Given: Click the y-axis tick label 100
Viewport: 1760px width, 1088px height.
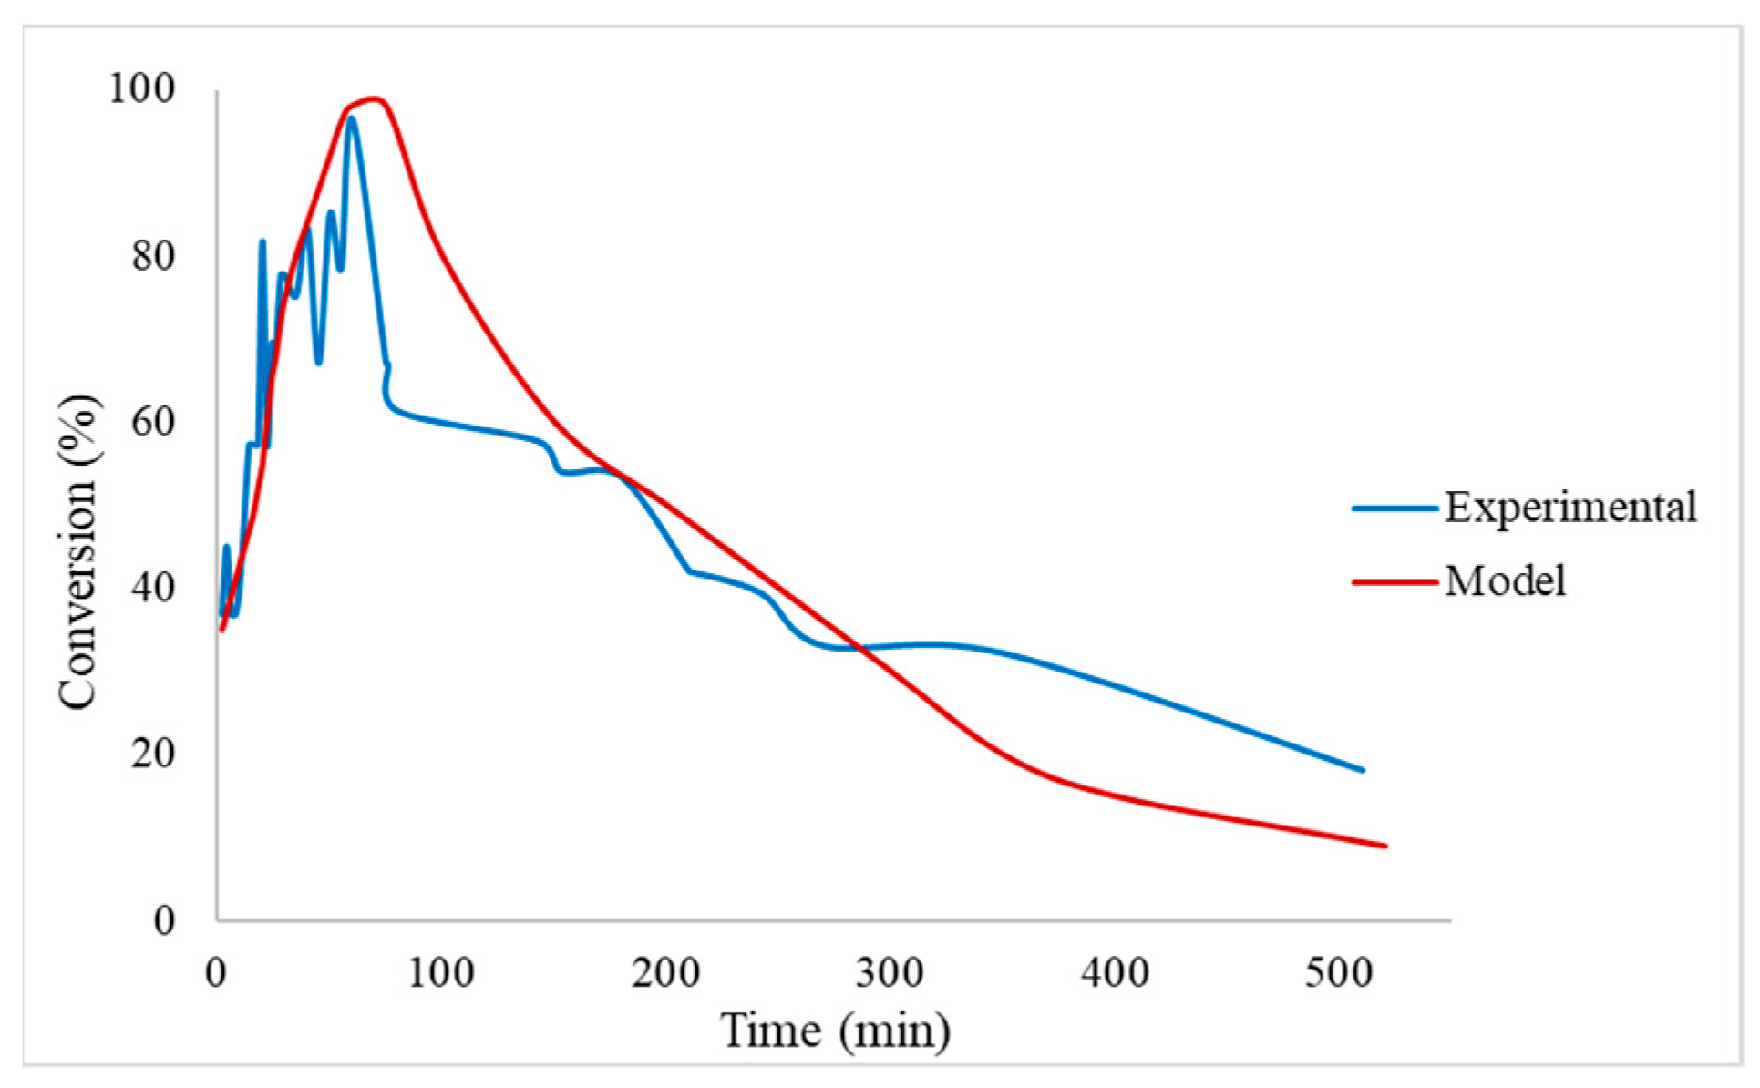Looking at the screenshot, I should (141, 88).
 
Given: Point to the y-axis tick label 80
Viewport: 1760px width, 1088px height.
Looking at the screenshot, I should (153, 256).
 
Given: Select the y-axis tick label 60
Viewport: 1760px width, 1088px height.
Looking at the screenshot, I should (153, 422).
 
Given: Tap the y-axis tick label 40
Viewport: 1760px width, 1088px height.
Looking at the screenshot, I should (153, 588).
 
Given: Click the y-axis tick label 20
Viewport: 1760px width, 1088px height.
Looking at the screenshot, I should (153, 754).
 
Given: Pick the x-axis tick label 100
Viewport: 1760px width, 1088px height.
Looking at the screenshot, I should (440, 973).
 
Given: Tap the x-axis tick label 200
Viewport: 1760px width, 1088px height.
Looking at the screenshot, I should (664, 973).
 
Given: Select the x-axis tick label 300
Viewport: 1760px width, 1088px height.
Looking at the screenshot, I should (890, 973).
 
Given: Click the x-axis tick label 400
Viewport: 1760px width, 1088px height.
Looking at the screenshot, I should (1114, 973).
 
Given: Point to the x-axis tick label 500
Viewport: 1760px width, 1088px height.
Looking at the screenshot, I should (1338, 973).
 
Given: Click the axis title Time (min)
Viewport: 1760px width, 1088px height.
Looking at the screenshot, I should (835, 1032).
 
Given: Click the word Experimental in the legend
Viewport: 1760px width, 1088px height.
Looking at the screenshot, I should (1570, 508).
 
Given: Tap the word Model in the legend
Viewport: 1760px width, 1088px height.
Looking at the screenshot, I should (1505, 581).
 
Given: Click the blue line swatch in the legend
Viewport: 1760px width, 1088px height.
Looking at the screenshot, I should (1395, 508).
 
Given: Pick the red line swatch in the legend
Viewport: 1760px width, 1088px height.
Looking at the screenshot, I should (1395, 581).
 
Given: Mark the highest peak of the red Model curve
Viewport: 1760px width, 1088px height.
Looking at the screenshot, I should (374, 98).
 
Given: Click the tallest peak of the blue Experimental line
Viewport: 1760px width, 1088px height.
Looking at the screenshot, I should (351, 118).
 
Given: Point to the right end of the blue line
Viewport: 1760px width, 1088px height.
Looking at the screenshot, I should (1363, 770).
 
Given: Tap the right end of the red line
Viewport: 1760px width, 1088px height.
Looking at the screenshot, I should (1384, 846).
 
